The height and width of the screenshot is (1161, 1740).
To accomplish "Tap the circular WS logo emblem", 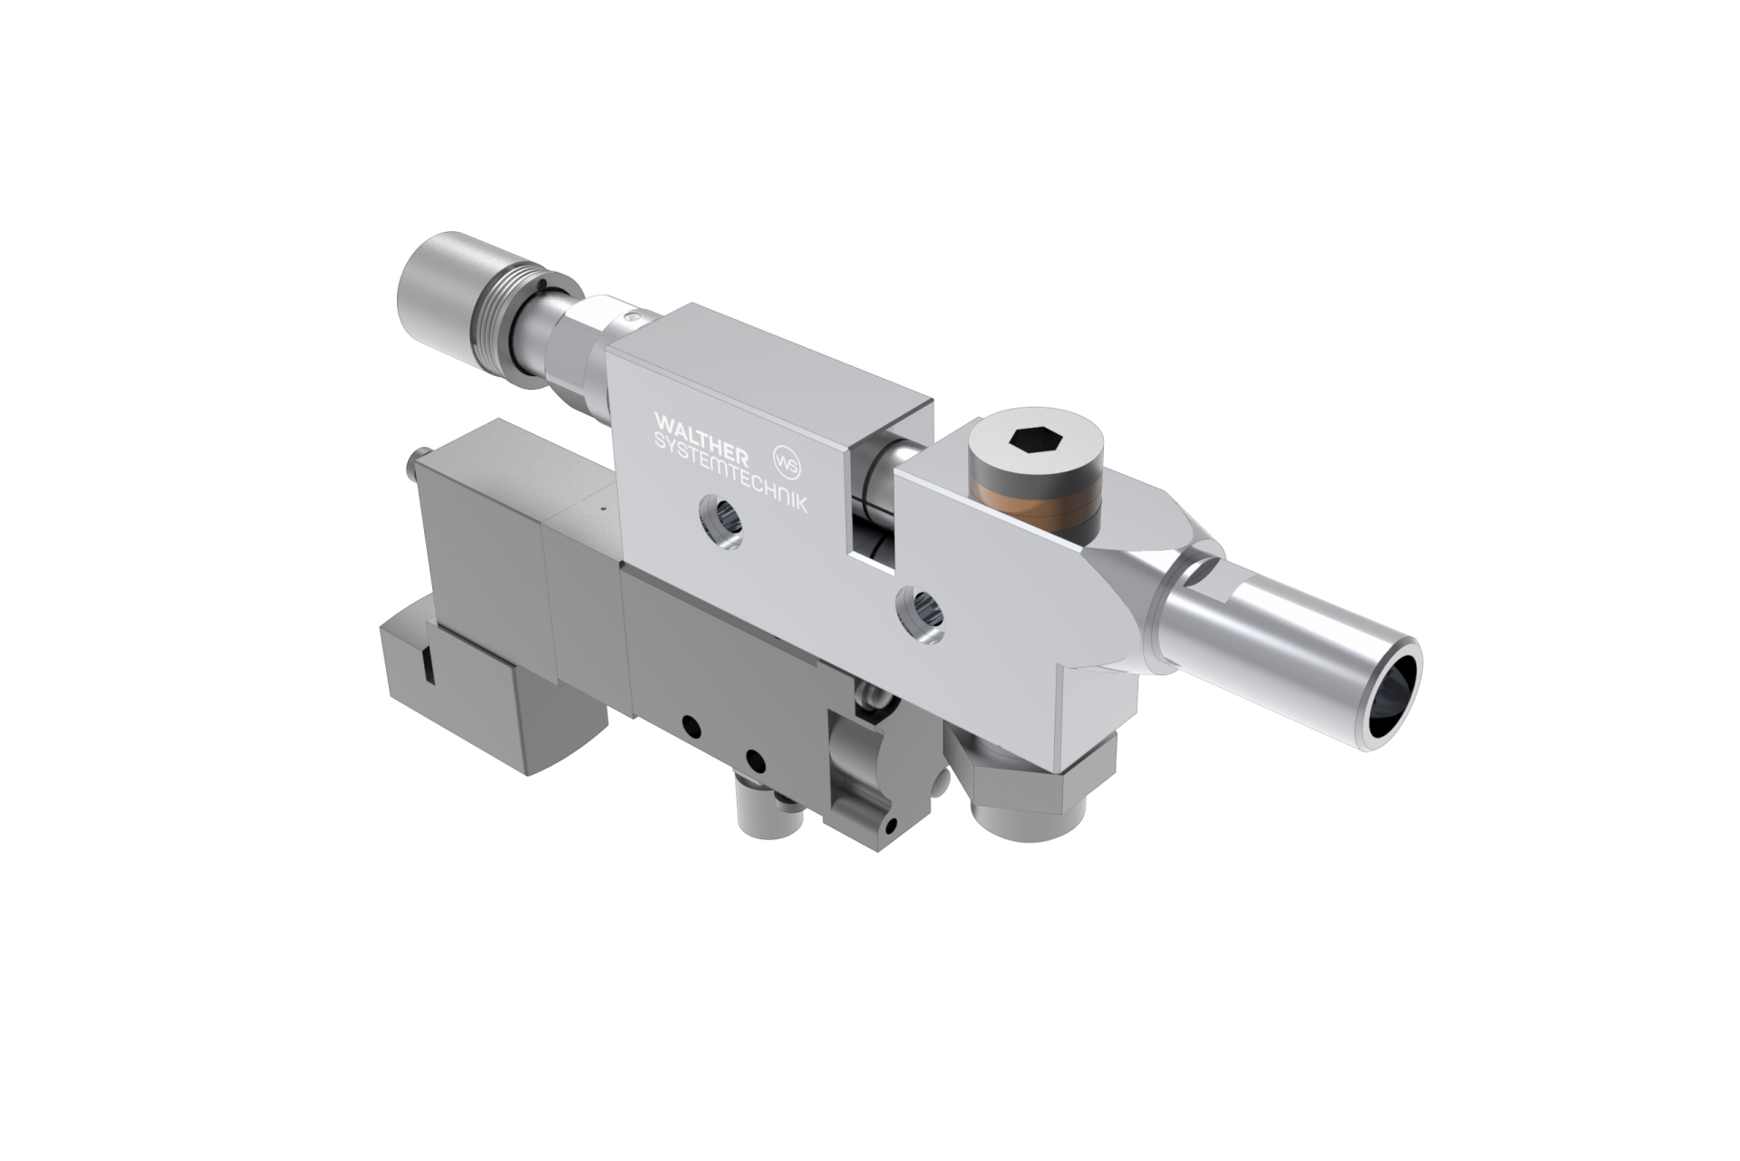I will (787, 458).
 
